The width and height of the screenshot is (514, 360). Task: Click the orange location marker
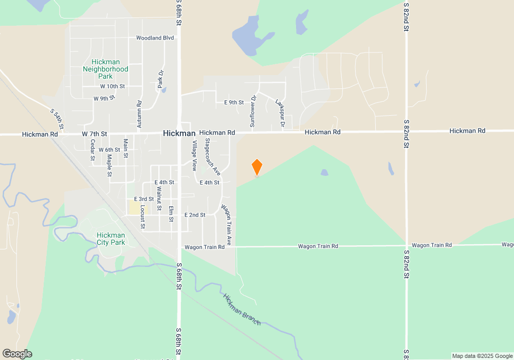(x=257, y=167)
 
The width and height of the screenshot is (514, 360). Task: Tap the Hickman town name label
(x=179, y=133)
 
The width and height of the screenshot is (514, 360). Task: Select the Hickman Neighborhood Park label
(x=105, y=69)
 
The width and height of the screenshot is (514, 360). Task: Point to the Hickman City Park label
(x=111, y=239)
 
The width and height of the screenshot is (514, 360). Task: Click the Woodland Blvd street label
(x=155, y=38)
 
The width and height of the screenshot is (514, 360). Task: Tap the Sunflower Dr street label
(x=252, y=111)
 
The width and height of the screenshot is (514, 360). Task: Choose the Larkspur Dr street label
(x=280, y=113)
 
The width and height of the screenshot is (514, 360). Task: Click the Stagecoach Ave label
(x=212, y=157)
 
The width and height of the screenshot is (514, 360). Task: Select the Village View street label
(x=194, y=155)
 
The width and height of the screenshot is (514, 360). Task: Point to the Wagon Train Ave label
(x=227, y=225)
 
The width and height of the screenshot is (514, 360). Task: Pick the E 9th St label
(x=234, y=102)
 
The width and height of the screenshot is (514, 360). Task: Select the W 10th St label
(x=113, y=86)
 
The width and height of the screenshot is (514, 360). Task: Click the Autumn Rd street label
(x=139, y=111)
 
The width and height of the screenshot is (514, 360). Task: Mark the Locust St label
(x=142, y=219)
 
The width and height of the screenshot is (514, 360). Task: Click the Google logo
(x=17, y=354)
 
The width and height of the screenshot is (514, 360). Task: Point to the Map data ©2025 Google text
(x=482, y=356)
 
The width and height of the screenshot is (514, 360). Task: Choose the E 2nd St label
(x=195, y=215)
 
